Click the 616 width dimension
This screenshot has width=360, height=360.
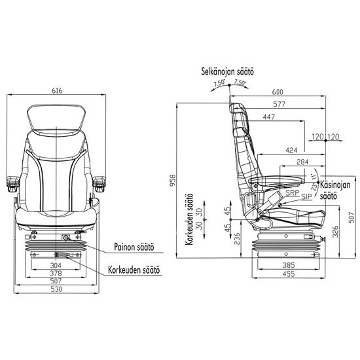click(57, 91)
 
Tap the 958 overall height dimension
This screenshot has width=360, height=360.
click(173, 181)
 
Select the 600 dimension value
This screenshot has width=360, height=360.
click(278, 92)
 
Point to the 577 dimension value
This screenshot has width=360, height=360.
click(279, 105)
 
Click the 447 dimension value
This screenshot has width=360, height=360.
click(269, 117)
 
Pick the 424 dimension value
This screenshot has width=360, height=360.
click(291, 151)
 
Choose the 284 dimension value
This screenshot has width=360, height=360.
click(302, 162)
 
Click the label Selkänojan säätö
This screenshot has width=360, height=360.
click(228, 71)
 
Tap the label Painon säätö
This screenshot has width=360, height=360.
click(134, 247)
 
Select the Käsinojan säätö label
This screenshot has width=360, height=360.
click(335, 190)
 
